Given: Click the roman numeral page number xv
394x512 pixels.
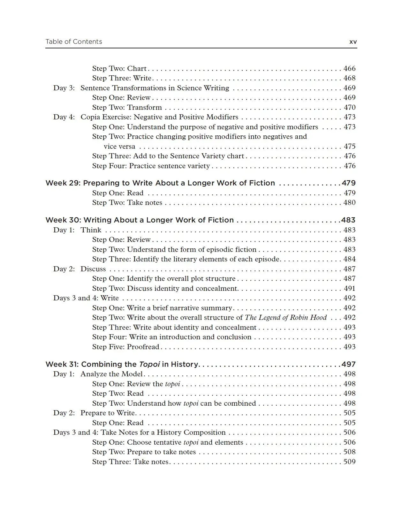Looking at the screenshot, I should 353,42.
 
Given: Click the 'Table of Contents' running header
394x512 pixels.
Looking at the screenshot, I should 74,42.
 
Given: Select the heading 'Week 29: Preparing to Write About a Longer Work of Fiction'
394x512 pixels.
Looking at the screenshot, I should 160,183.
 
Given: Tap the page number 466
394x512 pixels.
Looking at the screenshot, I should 349,69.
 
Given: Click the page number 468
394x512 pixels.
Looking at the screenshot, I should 349,78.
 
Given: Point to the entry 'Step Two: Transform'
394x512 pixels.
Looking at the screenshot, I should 127,108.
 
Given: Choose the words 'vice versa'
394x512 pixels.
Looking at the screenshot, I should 119,147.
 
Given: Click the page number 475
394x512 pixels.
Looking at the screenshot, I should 350,147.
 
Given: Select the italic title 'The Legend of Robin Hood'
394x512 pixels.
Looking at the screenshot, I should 286,318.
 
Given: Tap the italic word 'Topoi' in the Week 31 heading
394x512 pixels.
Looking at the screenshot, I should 149,365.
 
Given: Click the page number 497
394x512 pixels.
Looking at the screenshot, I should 348,365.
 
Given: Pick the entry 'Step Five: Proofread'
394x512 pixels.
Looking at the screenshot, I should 125,347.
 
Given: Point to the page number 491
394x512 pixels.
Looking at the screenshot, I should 350,289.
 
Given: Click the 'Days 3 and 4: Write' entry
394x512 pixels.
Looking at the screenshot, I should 86,298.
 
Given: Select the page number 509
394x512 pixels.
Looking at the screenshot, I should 349,462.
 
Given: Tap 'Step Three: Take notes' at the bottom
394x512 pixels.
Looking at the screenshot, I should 130,462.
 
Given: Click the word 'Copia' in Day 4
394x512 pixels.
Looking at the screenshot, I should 90,117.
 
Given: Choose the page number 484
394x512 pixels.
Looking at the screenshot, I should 349,259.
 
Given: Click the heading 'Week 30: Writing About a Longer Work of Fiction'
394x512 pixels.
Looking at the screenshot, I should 140,220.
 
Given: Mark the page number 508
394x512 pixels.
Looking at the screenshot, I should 349,452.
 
